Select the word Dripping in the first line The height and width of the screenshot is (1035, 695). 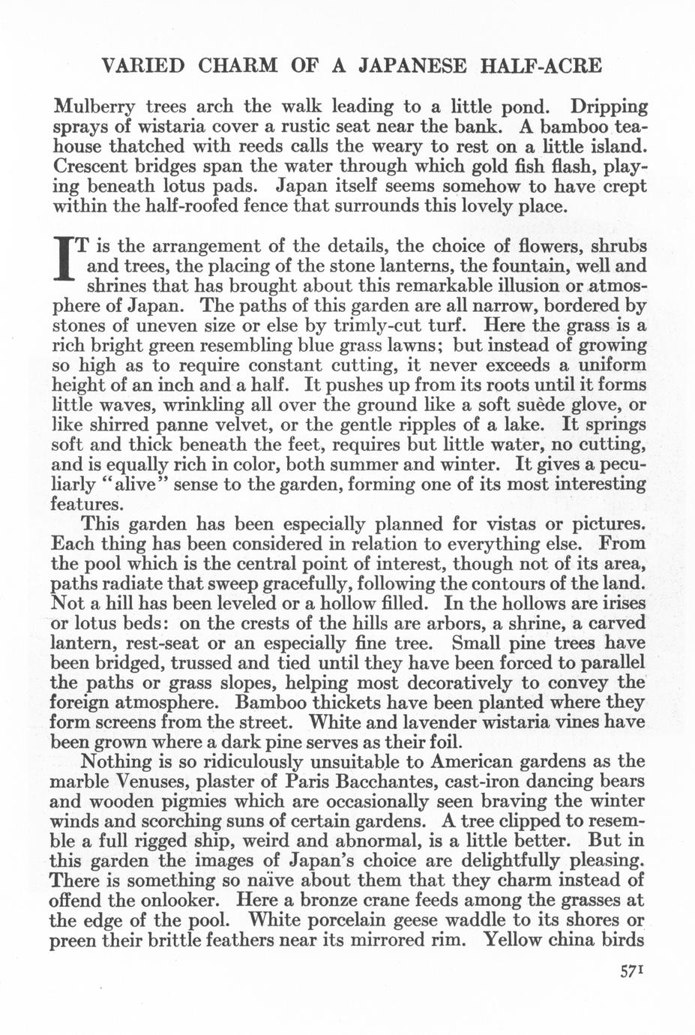click(x=607, y=106)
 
